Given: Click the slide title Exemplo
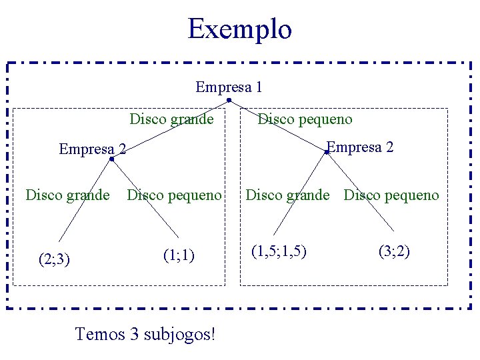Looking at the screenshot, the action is (239, 29).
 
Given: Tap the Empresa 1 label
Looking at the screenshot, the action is (229, 87).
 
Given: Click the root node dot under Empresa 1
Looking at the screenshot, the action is (229, 101).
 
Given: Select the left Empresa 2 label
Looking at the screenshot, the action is (93, 149).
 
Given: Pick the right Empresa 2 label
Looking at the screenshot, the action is (360, 147).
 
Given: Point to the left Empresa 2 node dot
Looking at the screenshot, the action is (112, 159).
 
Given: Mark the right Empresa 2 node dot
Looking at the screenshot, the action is (327, 153).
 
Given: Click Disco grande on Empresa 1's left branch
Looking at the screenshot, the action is (171, 119).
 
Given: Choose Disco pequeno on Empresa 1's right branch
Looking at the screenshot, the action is (305, 119).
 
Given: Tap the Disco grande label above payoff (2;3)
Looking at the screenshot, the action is (67, 195).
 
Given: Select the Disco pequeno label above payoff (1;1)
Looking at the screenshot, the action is (174, 195).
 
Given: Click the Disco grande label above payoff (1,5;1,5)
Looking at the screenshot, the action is (287, 195).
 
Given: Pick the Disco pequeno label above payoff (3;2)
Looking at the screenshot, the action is (391, 195).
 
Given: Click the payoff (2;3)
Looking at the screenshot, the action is (54, 258).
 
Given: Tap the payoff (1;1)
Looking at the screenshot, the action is (179, 255).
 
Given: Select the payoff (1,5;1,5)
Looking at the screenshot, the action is (279, 251).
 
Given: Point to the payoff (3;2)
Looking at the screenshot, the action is (394, 251).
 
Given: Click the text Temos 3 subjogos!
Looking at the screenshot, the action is (145, 333).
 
